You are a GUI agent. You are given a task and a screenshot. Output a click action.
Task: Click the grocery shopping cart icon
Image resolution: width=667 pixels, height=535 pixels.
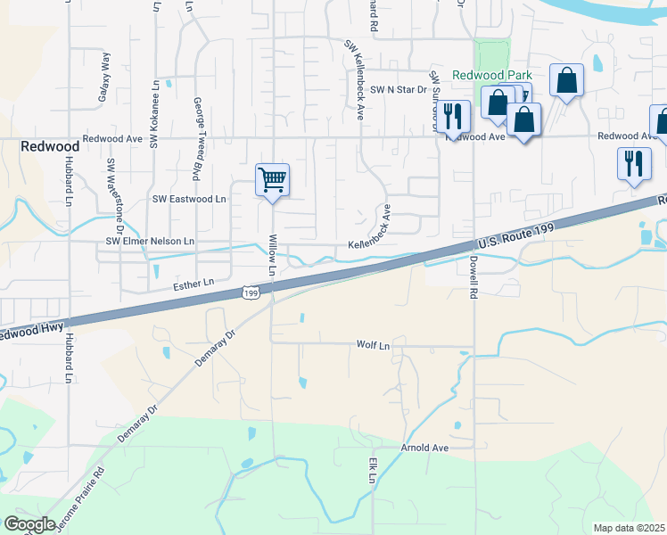272,179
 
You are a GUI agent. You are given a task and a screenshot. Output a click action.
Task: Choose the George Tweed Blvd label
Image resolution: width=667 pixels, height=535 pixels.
196,128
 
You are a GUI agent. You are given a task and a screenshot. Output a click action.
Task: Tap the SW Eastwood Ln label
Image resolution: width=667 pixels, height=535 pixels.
190,200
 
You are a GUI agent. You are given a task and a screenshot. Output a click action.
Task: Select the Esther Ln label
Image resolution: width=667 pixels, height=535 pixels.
194,283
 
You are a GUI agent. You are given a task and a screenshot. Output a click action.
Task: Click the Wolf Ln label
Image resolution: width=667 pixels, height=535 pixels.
374,344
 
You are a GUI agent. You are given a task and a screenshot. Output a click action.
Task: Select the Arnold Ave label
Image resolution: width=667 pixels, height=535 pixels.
424,448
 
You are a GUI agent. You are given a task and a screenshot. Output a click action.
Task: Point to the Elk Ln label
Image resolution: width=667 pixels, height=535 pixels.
373,471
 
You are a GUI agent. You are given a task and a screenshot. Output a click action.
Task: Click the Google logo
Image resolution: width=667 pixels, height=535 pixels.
30,524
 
